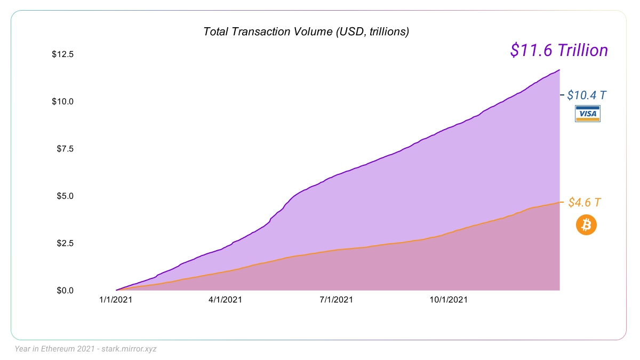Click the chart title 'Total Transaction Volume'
pyautogui.click(x=306, y=31)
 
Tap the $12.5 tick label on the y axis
pyautogui.click(x=62, y=54)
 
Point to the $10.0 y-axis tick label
pyautogui.click(x=62, y=101)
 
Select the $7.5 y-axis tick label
pyautogui.click(x=65, y=149)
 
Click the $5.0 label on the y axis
pyautogui.click(x=65, y=196)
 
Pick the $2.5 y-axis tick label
pyautogui.click(x=65, y=243)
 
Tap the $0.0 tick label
pyautogui.click(x=65, y=290)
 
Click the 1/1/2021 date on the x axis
pyautogui.click(x=115, y=300)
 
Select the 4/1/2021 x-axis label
pyautogui.click(x=225, y=300)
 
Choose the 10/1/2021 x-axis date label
pyautogui.click(x=449, y=300)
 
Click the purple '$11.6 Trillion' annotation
pyautogui.click(x=559, y=50)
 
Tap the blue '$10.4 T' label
pyautogui.click(x=587, y=95)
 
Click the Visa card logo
pyautogui.click(x=588, y=114)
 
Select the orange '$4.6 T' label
pyautogui.click(x=585, y=203)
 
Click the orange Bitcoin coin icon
pyautogui.click(x=586, y=225)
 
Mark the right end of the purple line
pyautogui.click(x=559, y=70)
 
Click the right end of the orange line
pyautogui.click(x=559, y=202)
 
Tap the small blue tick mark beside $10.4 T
pyautogui.click(x=562, y=95)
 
